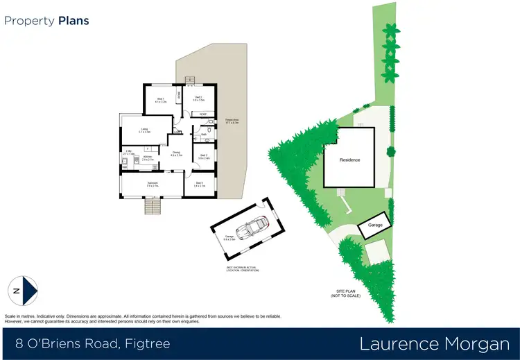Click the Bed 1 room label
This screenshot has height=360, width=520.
(160, 100)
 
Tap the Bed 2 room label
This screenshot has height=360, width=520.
(198, 98)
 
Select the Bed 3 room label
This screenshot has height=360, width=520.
(203, 157)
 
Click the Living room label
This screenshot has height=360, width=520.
(144, 130)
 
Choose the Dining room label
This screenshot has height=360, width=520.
(176, 154)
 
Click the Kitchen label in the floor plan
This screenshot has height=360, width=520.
(147, 158)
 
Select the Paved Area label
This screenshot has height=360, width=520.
(232, 121)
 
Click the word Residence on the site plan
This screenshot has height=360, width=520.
(349, 160)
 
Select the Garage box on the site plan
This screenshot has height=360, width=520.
(375, 225)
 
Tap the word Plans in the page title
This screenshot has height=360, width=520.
(73, 21)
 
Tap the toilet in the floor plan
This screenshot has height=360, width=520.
(208, 130)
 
